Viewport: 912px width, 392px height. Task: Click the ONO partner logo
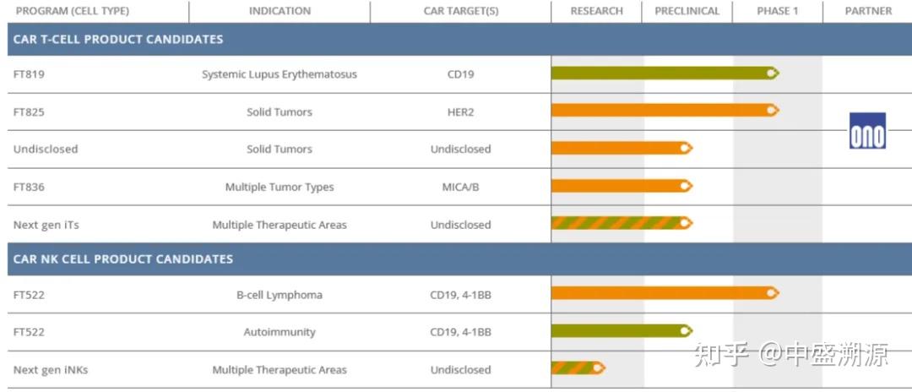point(867,130)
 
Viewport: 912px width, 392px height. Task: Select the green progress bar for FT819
point(665,73)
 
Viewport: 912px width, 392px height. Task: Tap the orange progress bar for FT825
point(665,110)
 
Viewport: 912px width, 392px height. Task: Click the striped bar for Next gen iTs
point(622,223)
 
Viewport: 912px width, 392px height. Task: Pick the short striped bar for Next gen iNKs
point(578,367)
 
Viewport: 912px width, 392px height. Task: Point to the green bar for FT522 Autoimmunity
point(622,331)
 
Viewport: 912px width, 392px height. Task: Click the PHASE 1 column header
point(777,11)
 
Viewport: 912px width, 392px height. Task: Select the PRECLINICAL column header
point(687,11)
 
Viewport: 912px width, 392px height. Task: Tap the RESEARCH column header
point(596,11)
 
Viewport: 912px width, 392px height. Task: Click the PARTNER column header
point(868,11)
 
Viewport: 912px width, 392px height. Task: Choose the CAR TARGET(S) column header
point(461,11)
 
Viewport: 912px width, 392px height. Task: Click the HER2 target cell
point(460,112)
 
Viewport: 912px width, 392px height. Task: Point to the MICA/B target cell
point(461,188)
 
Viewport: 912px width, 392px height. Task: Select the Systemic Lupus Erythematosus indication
point(280,74)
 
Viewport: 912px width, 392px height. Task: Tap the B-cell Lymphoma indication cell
point(280,295)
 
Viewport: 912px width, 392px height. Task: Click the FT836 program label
point(29,188)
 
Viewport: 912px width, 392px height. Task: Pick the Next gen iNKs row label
point(51,370)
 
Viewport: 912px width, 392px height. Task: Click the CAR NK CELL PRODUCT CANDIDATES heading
point(122,259)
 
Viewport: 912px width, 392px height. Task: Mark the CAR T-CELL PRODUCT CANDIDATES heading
point(118,39)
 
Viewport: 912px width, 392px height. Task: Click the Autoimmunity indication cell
point(280,332)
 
